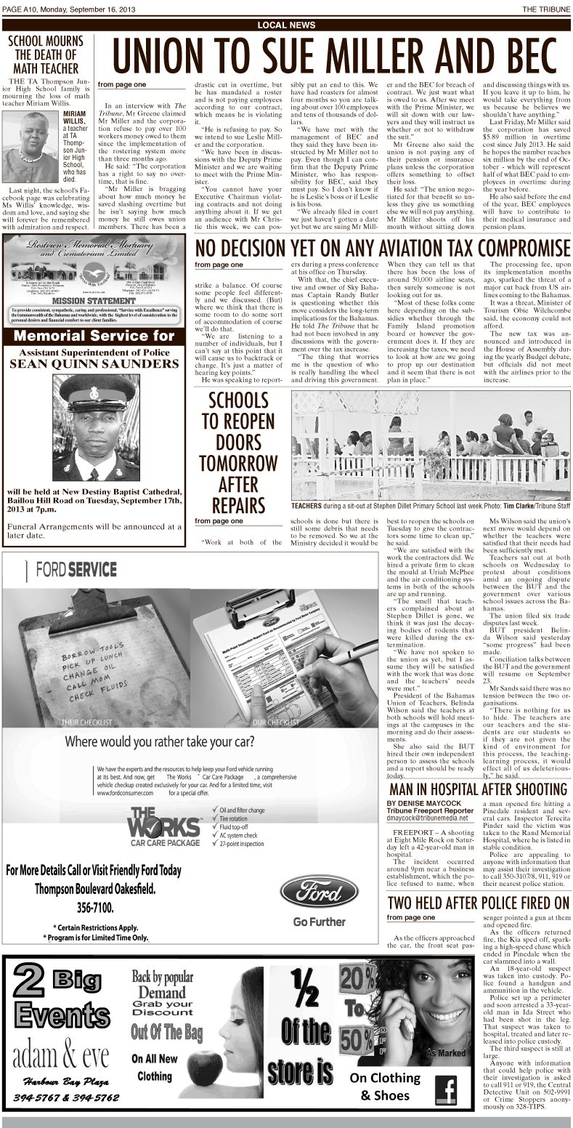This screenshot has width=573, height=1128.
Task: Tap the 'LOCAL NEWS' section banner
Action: pyautogui.click(x=286, y=25)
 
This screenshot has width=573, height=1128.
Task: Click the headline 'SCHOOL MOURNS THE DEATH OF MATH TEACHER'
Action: pyautogui.click(x=44, y=55)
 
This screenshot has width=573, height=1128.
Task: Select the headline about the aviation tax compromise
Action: pyautogui.click(x=382, y=247)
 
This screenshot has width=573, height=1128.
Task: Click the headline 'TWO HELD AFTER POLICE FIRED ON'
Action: pyautogui.click(x=477, y=903)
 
